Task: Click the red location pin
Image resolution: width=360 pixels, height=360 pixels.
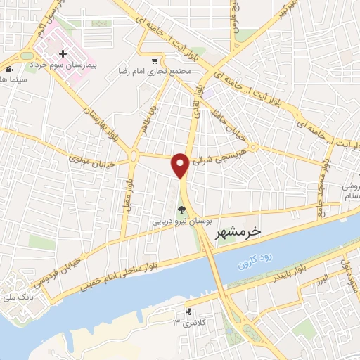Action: (x=181, y=165)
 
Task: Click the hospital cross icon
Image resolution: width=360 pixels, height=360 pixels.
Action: (x=64, y=53)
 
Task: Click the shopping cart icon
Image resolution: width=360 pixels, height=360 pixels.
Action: (x=155, y=61)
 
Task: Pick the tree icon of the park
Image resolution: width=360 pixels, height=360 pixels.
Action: (x=182, y=208)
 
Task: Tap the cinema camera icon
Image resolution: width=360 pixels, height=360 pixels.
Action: (x=9, y=69)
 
